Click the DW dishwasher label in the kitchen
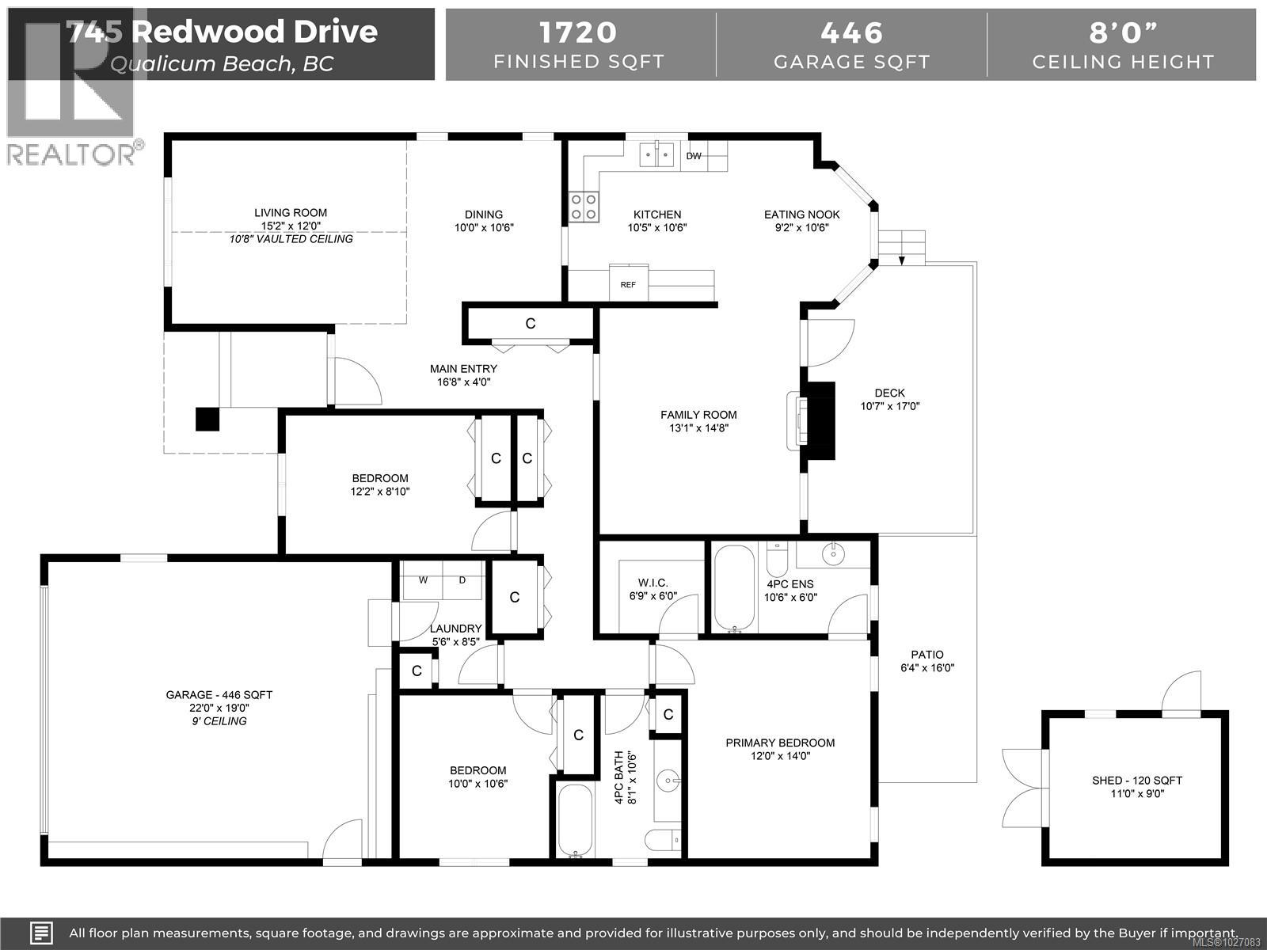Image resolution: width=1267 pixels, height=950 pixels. click(x=694, y=156)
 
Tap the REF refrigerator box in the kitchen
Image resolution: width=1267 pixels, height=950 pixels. click(x=628, y=284)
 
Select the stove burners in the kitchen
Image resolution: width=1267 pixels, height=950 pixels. click(x=584, y=207)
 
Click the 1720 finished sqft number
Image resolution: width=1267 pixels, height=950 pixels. click(x=578, y=32)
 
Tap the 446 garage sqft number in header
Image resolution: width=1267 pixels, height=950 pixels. click(x=851, y=32)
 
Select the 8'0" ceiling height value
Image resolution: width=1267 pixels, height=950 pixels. click(x=1123, y=32)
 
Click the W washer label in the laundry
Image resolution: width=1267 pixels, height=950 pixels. click(x=424, y=580)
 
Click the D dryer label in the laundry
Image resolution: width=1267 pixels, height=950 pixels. click(x=462, y=580)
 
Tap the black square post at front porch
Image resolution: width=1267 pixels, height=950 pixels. click(x=207, y=419)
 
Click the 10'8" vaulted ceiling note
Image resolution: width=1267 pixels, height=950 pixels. click(x=291, y=239)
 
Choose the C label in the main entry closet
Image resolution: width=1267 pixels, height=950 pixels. click(x=531, y=323)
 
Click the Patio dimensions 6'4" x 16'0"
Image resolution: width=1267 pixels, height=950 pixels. click(x=927, y=667)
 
